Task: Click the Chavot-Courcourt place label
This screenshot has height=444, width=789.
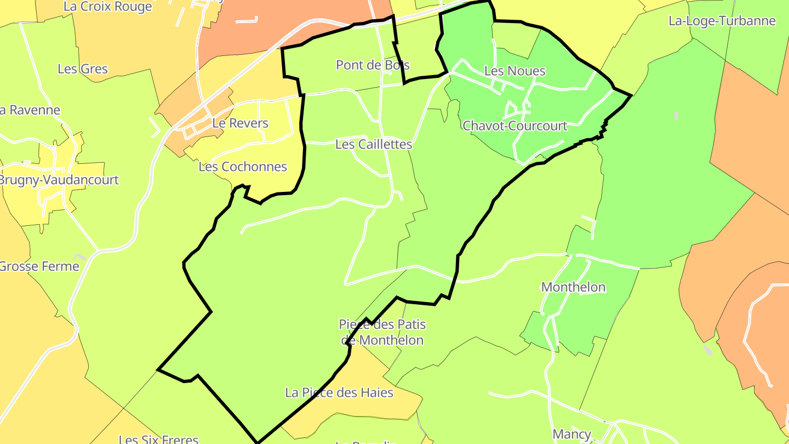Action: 514,126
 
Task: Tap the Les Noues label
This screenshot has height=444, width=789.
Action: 514,71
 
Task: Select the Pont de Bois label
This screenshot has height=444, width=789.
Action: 373,65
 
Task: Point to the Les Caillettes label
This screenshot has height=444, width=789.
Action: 373,144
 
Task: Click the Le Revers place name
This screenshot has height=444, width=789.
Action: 240,123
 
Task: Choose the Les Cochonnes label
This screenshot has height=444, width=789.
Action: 243,167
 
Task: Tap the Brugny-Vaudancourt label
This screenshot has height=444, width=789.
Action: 59,180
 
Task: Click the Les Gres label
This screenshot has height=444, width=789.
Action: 83,69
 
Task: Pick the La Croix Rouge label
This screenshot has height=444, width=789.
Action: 107,7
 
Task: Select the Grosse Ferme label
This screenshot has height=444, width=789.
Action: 39,266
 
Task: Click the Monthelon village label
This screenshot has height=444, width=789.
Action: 573,287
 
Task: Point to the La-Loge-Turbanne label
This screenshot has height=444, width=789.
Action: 722,21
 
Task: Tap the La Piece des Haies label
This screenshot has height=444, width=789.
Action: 339,392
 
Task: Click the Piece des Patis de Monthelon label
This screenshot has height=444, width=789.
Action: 382,332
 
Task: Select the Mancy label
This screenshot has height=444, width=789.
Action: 571,435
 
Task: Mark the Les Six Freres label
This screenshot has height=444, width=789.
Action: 158,439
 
